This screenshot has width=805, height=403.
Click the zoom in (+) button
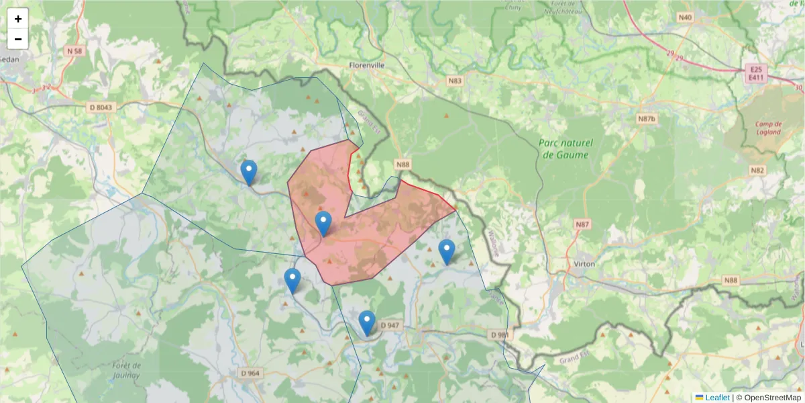pos(18,19)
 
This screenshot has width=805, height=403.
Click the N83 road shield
pos(455,81)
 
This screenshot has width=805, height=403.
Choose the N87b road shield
pos(646,119)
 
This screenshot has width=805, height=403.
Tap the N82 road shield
pos(757,170)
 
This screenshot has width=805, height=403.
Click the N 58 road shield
pos(74,51)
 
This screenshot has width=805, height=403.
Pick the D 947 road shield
pos(390,325)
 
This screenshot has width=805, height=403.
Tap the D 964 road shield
pos(250,373)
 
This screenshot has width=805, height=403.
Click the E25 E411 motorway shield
pos(755,74)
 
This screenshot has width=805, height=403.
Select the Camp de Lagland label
pos(769,128)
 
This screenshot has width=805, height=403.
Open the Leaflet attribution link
pos(712,398)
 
